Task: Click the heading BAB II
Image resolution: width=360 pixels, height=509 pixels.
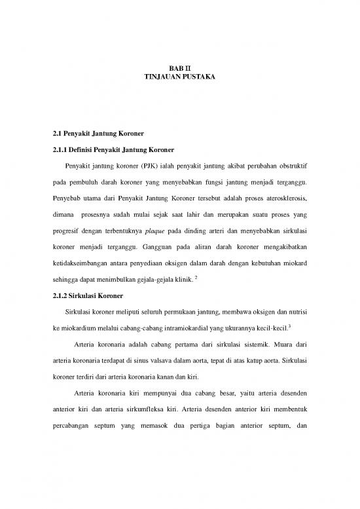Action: click(x=179, y=68)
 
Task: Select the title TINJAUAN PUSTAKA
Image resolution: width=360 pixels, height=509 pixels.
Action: click(x=179, y=77)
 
